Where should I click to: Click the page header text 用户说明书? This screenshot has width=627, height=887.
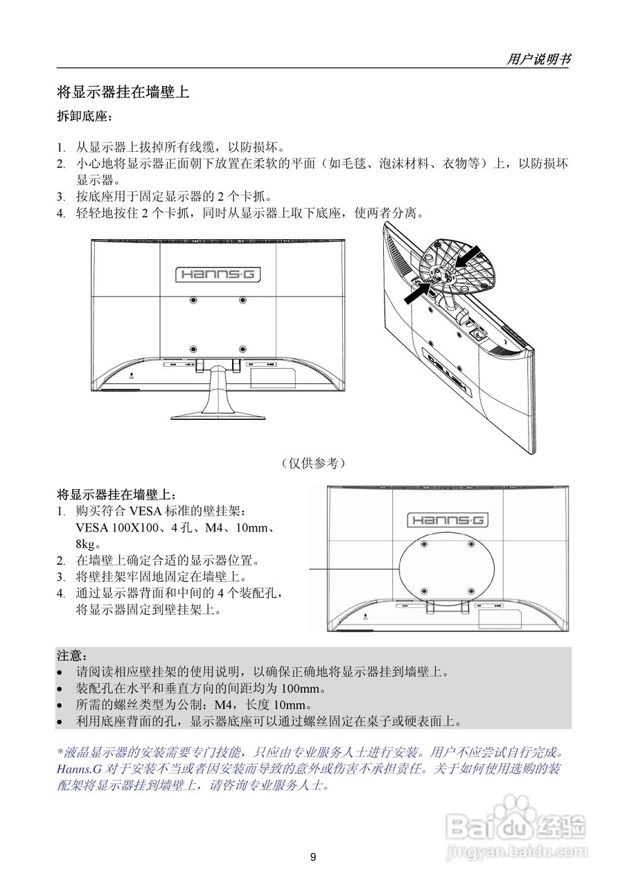point(538,60)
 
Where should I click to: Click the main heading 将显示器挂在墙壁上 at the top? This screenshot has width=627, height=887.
point(123,91)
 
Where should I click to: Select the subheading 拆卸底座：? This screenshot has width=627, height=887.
point(84,118)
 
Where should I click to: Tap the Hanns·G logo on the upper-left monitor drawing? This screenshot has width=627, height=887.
point(218,274)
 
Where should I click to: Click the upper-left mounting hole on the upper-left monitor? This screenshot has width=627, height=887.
point(193,300)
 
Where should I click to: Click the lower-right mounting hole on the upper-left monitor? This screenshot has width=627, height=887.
point(242,349)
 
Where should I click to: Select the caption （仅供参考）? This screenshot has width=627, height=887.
point(313,462)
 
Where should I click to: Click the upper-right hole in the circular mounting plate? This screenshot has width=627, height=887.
point(471,544)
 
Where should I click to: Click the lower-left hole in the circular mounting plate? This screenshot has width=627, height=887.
point(424,591)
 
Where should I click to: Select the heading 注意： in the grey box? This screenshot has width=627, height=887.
point(71,655)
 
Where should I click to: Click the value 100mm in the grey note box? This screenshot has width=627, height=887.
point(303,688)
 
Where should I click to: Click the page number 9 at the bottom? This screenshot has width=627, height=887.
point(313,858)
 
